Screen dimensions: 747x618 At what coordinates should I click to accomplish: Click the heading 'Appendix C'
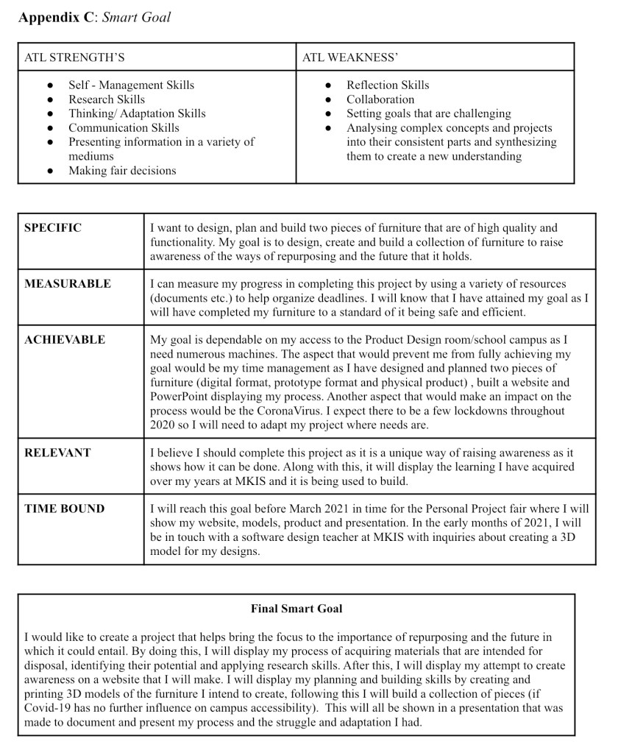pyautogui.click(x=56, y=17)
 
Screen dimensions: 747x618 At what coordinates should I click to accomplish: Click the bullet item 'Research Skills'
pyautogui.click(x=107, y=99)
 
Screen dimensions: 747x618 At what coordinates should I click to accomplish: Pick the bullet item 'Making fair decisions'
pyautogui.click(x=122, y=171)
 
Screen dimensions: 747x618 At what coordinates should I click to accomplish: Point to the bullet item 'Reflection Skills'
pyautogui.click(x=388, y=85)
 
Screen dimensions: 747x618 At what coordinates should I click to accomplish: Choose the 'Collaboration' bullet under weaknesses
pyautogui.click(x=380, y=99)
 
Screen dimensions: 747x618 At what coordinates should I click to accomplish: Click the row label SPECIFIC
pyautogui.click(x=53, y=228)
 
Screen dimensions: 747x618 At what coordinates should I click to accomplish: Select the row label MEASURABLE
pyautogui.click(x=68, y=284)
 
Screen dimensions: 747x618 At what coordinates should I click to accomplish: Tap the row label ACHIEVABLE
pyautogui.click(x=65, y=340)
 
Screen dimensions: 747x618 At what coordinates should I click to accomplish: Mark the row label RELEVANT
pyautogui.click(x=57, y=453)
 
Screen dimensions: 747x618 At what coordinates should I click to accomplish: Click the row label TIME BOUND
pyautogui.click(x=65, y=509)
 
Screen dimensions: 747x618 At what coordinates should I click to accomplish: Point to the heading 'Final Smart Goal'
pyautogui.click(x=296, y=609)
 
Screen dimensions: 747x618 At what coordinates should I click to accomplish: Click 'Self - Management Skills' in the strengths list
pyautogui.click(x=131, y=85)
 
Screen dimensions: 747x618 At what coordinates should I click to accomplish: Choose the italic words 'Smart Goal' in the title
pyautogui.click(x=136, y=17)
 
